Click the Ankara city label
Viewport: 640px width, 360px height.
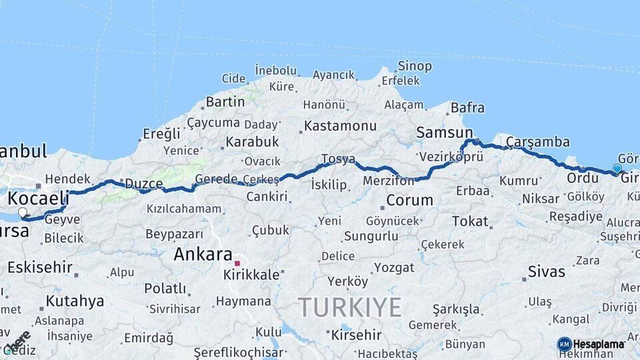pyautogui.click(x=203, y=254)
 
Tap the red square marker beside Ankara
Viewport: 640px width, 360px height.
pyautogui.click(x=237, y=263)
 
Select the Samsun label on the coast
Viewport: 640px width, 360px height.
pyautogui.click(x=444, y=133)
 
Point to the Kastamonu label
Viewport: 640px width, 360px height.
pyautogui.click(x=340, y=126)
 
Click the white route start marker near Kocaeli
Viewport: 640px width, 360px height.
pyautogui.click(x=23, y=213)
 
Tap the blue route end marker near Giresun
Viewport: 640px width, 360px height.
pyautogui.click(x=617, y=169)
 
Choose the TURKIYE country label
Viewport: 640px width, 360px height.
pyautogui.click(x=349, y=307)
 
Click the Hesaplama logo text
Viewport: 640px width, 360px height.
pyautogui.click(x=599, y=344)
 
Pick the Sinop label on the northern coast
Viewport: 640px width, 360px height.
pyautogui.click(x=415, y=66)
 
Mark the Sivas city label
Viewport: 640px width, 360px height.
pyautogui.click(x=546, y=271)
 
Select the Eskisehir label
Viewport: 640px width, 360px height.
pyautogui.click(x=39, y=267)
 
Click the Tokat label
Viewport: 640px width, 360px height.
pyautogui.click(x=471, y=221)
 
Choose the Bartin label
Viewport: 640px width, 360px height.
pyautogui.click(x=225, y=102)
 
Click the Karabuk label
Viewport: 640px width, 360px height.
pyautogui.click(x=252, y=142)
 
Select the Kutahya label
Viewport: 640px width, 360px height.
pyautogui.click(x=75, y=301)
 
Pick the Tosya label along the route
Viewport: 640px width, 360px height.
pyautogui.click(x=337, y=159)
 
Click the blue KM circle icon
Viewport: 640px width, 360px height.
pyautogui.click(x=565, y=344)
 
